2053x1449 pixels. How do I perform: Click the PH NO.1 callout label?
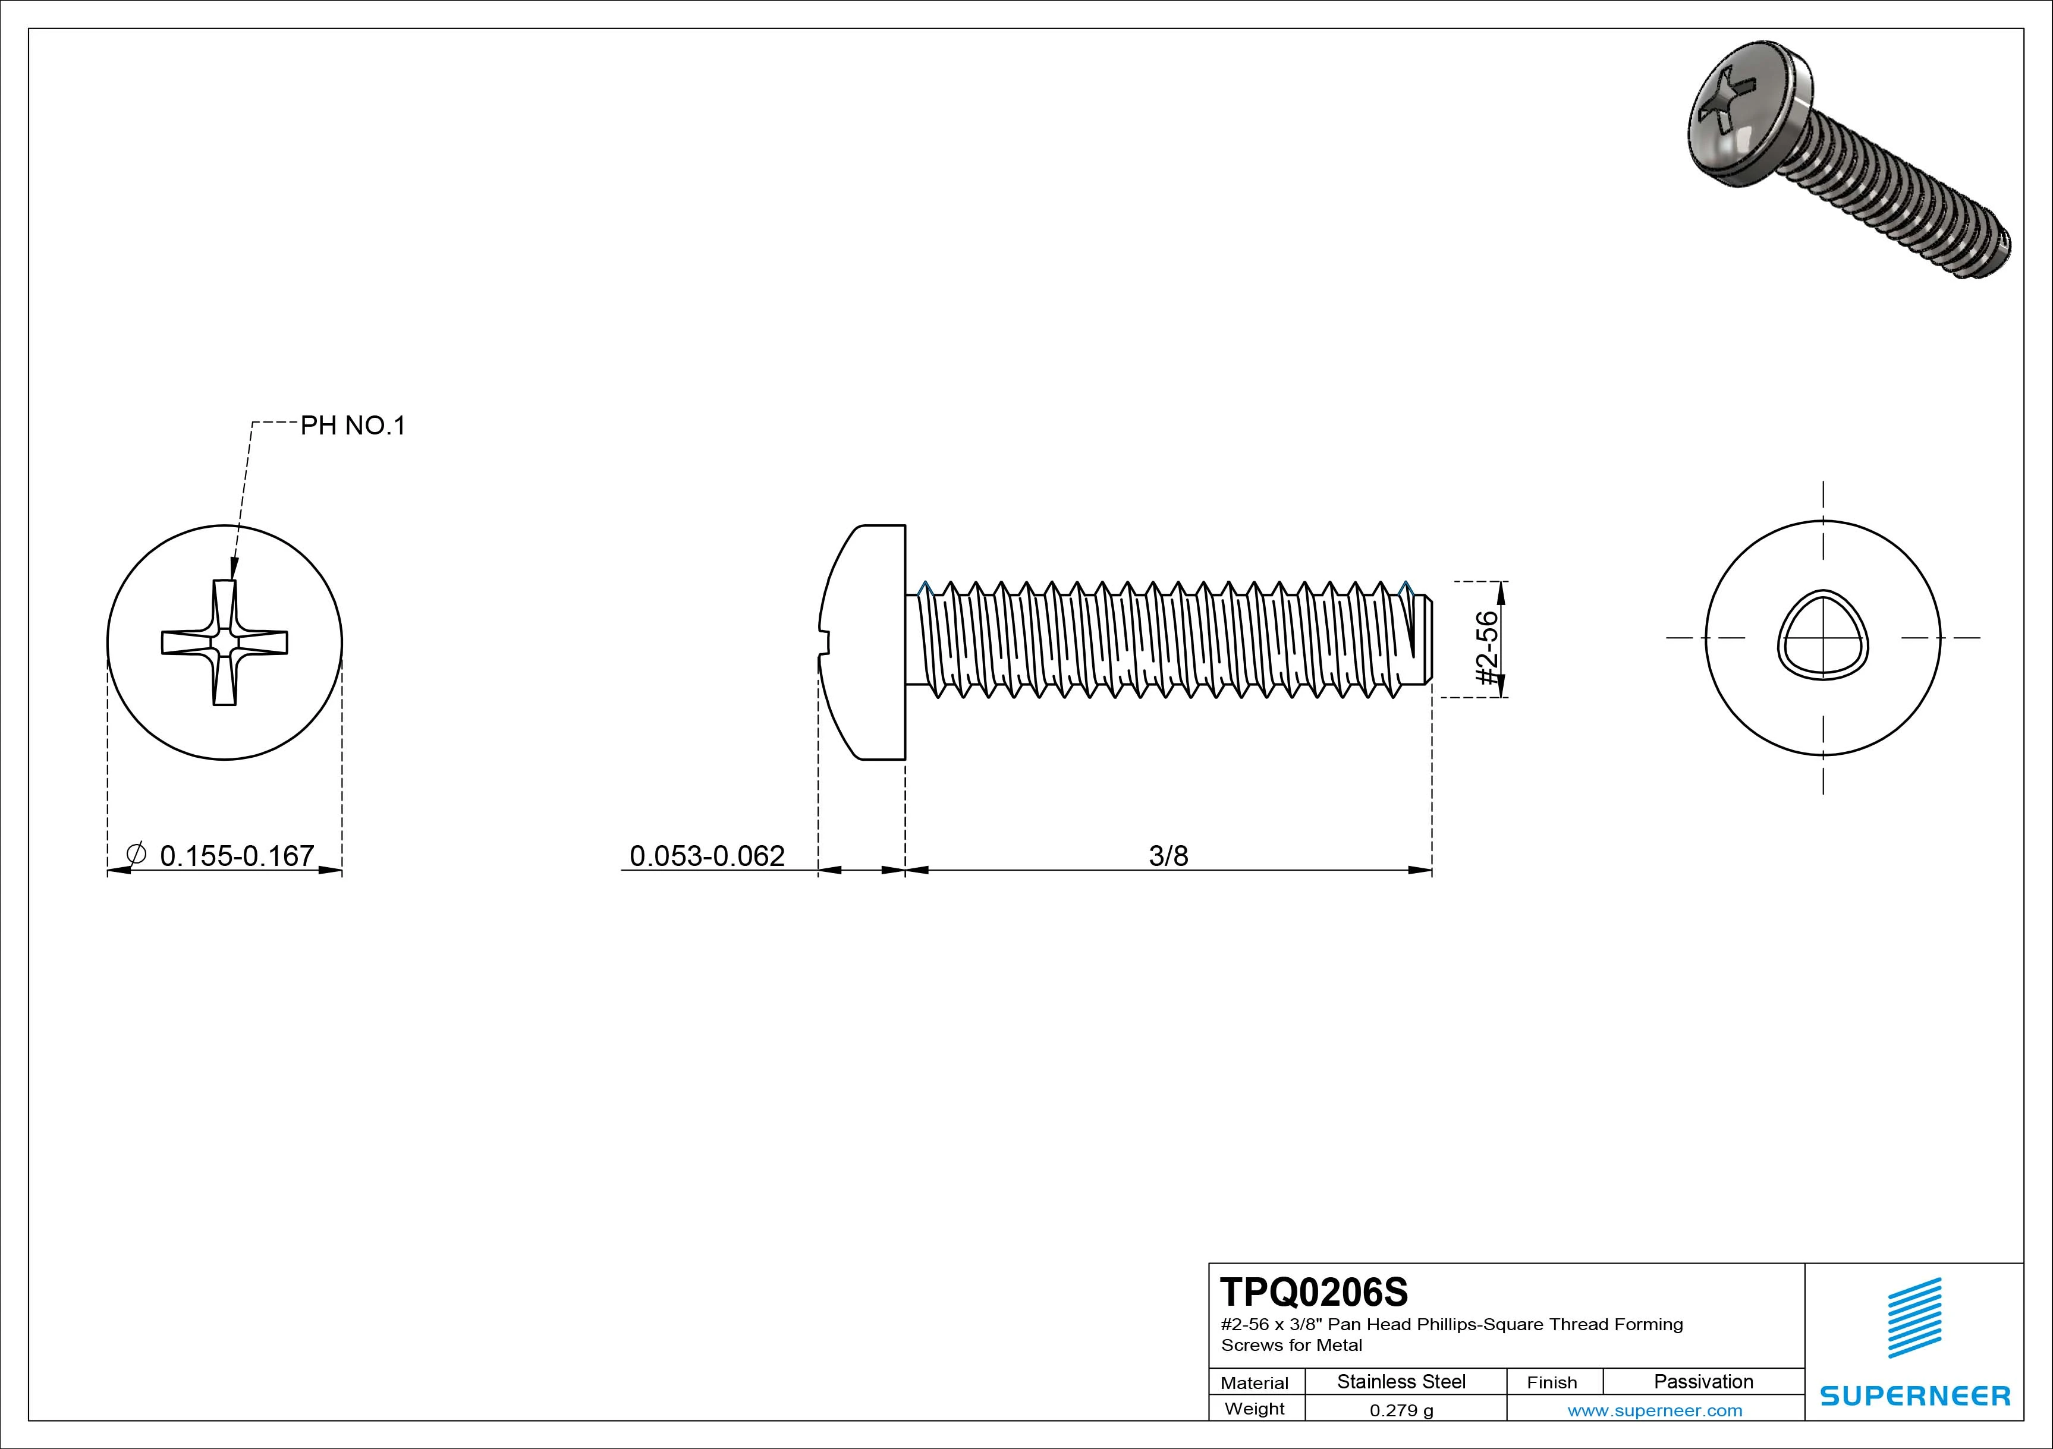[353, 426]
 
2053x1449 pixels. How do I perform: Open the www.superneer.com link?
[1654, 1410]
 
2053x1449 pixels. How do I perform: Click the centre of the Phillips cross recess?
[224, 642]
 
